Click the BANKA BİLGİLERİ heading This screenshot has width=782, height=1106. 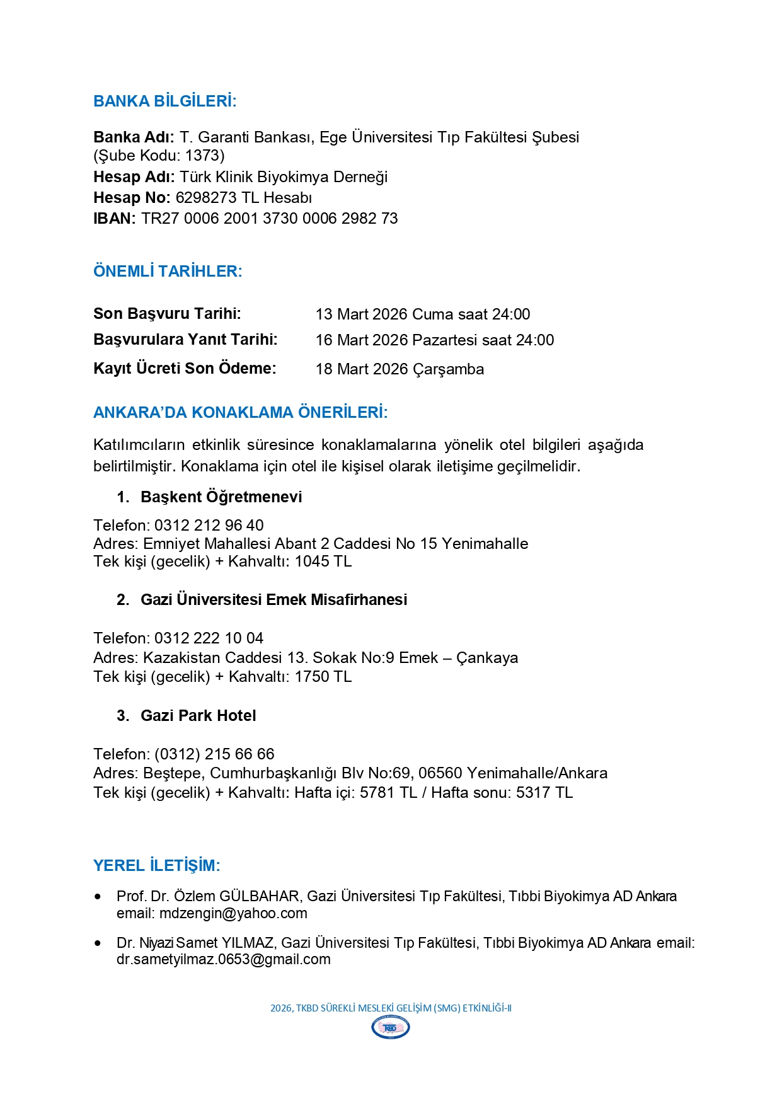[x=164, y=101]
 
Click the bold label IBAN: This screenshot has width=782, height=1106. [x=114, y=219]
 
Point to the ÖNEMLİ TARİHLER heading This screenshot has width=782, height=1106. [x=168, y=272]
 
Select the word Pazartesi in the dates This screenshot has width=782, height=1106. [x=446, y=340]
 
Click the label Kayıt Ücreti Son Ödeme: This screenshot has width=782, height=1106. [x=185, y=369]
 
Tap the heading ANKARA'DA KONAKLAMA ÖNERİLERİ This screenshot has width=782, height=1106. [x=240, y=413]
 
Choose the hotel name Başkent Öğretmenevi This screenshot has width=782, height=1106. [x=221, y=497]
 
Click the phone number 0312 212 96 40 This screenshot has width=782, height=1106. [x=209, y=526]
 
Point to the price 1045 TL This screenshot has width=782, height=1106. [x=323, y=562]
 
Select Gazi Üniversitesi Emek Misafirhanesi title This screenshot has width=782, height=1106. [x=273, y=600]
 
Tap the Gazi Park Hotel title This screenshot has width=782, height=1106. [x=198, y=716]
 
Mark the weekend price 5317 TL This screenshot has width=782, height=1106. [x=544, y=793]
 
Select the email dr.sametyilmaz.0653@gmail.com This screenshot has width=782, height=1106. [x=223, y=960]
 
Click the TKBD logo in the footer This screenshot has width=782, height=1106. [x=391, y=1028]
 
